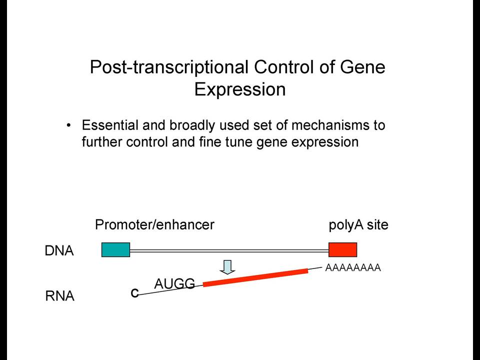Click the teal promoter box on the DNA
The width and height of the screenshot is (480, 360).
click(x=115, y=249)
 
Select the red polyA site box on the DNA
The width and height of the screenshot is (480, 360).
click(x=342, y=249)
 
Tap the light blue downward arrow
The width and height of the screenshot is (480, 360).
click(x=227, y=267)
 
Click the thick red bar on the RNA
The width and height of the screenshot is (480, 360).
click(x=255, y=277)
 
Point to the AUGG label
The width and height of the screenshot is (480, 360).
click(x=174, y=284)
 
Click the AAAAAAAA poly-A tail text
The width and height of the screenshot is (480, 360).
click(x=353, y=268)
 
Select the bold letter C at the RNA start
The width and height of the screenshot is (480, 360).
click(x=134, y=293)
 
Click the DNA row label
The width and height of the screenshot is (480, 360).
click(x=59, y=250)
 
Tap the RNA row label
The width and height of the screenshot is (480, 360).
click(x=59, y=296)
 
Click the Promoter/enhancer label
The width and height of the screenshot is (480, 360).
click(x=154, y=224)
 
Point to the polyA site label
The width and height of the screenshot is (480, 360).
click(x=358, y=225)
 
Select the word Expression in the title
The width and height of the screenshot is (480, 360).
click(x=240, y=89)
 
